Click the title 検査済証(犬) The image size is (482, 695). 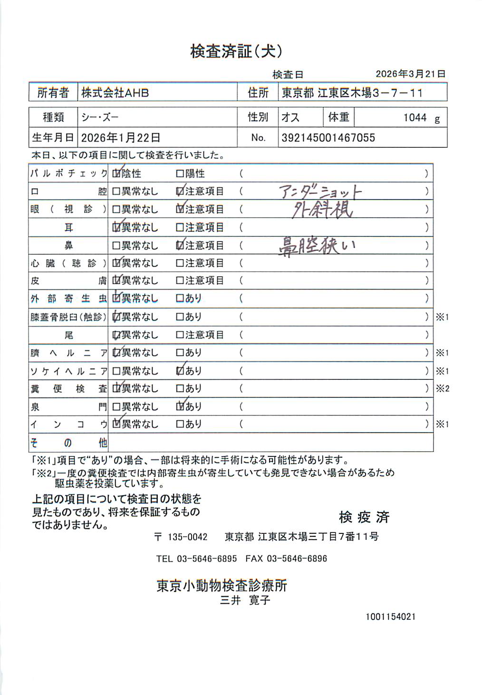tap(236, 51)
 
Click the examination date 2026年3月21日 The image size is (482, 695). tap(410, 74)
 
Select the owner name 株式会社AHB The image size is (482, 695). tap(115, 93)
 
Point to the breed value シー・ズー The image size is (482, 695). tap(100, 117)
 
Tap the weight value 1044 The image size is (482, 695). tap(415, 118)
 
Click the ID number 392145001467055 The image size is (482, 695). tap(328, 138)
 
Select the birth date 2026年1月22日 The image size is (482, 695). tap(120, 138)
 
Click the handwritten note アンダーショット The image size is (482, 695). tap(320, 192)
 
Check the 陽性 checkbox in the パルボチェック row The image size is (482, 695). tap(180, 174)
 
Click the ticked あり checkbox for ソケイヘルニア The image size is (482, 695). tap(180, 371)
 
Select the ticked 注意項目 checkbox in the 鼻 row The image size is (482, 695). tap(180, 246)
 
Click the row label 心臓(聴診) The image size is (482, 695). tap(68, 263)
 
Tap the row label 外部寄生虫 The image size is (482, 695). tap(68, 299)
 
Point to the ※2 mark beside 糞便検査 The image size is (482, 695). tap(442, 389)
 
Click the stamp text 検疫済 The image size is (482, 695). tap(364, 517)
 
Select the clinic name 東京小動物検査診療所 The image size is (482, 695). tap(222, 586)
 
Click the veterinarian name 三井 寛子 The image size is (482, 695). tap(245, 600)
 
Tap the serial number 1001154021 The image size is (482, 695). tap(390, 617)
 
